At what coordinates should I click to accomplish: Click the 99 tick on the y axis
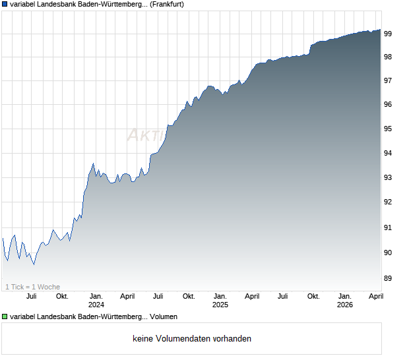388,33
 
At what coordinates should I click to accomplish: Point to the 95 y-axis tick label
388,129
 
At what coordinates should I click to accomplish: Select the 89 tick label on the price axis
388,278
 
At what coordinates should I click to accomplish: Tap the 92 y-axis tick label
388,202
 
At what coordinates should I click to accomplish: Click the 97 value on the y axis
388,80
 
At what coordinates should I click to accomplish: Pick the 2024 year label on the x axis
96,305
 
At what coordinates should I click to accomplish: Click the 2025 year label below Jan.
220,305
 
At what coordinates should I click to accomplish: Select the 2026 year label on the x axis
345,305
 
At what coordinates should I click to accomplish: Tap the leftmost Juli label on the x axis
31,296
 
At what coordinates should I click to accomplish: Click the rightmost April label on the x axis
375,296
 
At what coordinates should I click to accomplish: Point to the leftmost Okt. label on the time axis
62,296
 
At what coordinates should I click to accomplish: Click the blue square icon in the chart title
5,5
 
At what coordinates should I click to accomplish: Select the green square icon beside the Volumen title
5,317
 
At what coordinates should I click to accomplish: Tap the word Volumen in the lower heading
164,317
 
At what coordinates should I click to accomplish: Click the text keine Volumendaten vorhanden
192,339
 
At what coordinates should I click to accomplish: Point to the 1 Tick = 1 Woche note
33,287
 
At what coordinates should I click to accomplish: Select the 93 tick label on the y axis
388,177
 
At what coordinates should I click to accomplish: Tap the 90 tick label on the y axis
388,253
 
